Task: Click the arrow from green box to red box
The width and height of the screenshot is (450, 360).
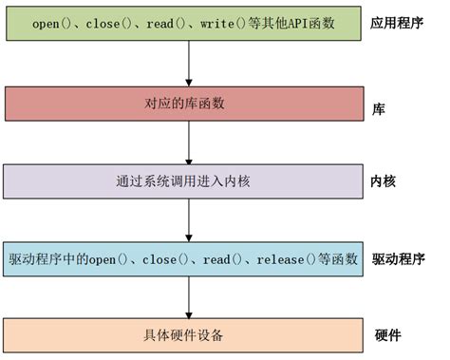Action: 190,63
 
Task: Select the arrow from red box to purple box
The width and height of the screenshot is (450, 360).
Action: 190,141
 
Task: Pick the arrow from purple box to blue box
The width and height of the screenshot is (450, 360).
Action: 190,218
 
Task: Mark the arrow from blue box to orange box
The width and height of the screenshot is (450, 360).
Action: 190,296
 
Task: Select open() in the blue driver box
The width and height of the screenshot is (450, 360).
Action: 103,257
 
